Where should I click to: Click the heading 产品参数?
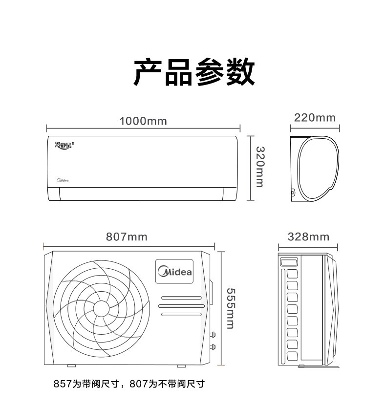[x=194, y=72]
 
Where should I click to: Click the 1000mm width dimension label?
[x=143, y=121]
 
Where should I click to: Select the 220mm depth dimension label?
[x=315, y=118]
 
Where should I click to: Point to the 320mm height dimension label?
[x=260, y=167]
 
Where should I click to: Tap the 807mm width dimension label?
[x=127, y=237]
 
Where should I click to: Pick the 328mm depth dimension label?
[x=308, y=237]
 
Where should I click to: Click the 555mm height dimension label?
[x=231, y=308]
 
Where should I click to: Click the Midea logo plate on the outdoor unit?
[x=174, y=271]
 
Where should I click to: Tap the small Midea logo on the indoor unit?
[x=63, y=180]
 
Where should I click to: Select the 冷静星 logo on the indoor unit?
[x=64, y=146]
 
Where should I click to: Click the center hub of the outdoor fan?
[x=101, y=309]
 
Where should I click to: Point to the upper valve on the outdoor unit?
[x=213, y=334]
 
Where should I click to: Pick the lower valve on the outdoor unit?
[x=213, y=346]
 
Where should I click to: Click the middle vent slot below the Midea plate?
[x=181, y=306]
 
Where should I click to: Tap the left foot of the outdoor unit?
[x=72, y=366]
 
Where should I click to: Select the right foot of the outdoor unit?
[x=181, y=366]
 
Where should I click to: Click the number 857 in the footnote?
[x=63, y=384]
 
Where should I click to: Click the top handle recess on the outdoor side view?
[x=289, y=261]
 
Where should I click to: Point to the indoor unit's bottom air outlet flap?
[x=141, y=194]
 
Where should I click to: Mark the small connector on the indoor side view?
[x=293, y=193]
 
